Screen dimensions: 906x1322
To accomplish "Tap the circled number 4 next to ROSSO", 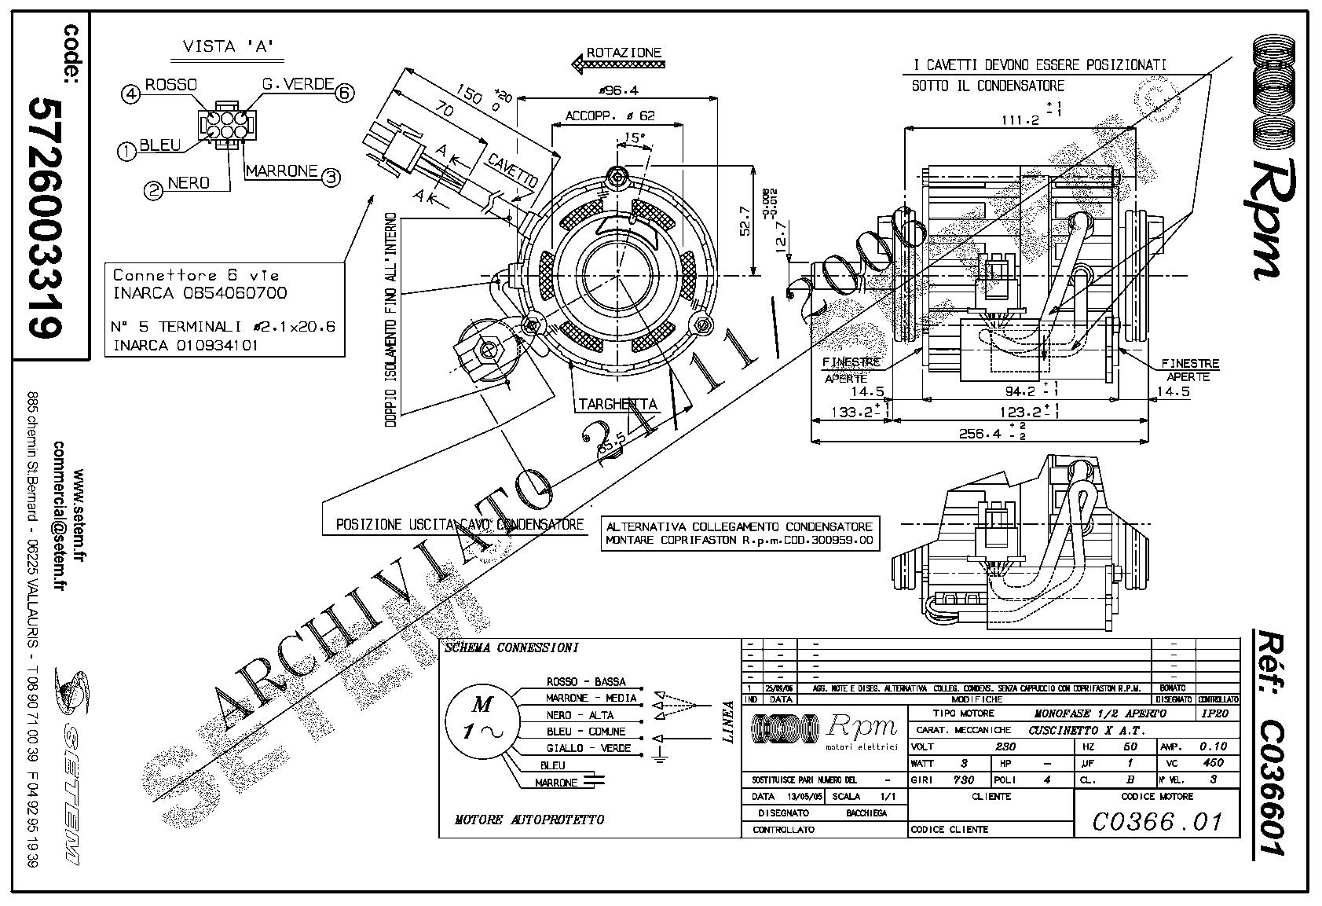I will (130, 94).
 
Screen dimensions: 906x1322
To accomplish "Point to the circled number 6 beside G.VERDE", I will (344, 94).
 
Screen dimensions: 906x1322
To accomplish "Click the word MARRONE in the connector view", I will (281, 171).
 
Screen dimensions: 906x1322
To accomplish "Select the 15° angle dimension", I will (632, 138).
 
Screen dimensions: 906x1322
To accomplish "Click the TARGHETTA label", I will (617, 405).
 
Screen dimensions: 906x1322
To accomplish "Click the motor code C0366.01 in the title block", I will (1157, 822).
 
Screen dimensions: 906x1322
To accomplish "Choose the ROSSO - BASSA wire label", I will (585, 681).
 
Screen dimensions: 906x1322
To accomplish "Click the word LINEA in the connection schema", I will (728, 722).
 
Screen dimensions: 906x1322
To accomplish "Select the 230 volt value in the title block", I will (1005, 746).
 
